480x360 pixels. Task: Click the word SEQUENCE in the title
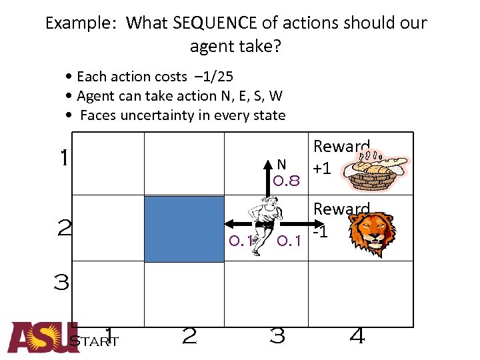(215, 23)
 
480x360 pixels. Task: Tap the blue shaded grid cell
(185, 229)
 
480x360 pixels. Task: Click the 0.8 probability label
(287, 180)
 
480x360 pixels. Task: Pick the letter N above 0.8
(281, 164)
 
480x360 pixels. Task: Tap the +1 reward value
(323, 168)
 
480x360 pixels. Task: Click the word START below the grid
(94, 342)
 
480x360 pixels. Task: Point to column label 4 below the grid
(357, 337)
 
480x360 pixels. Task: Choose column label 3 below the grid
(277, 337)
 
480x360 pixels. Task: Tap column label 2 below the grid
(189, 337)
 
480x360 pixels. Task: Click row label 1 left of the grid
(63, 159)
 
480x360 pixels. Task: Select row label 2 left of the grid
(64, 229)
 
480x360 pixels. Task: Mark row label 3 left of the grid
(61, 283)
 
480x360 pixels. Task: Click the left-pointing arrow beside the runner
(233, 223)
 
